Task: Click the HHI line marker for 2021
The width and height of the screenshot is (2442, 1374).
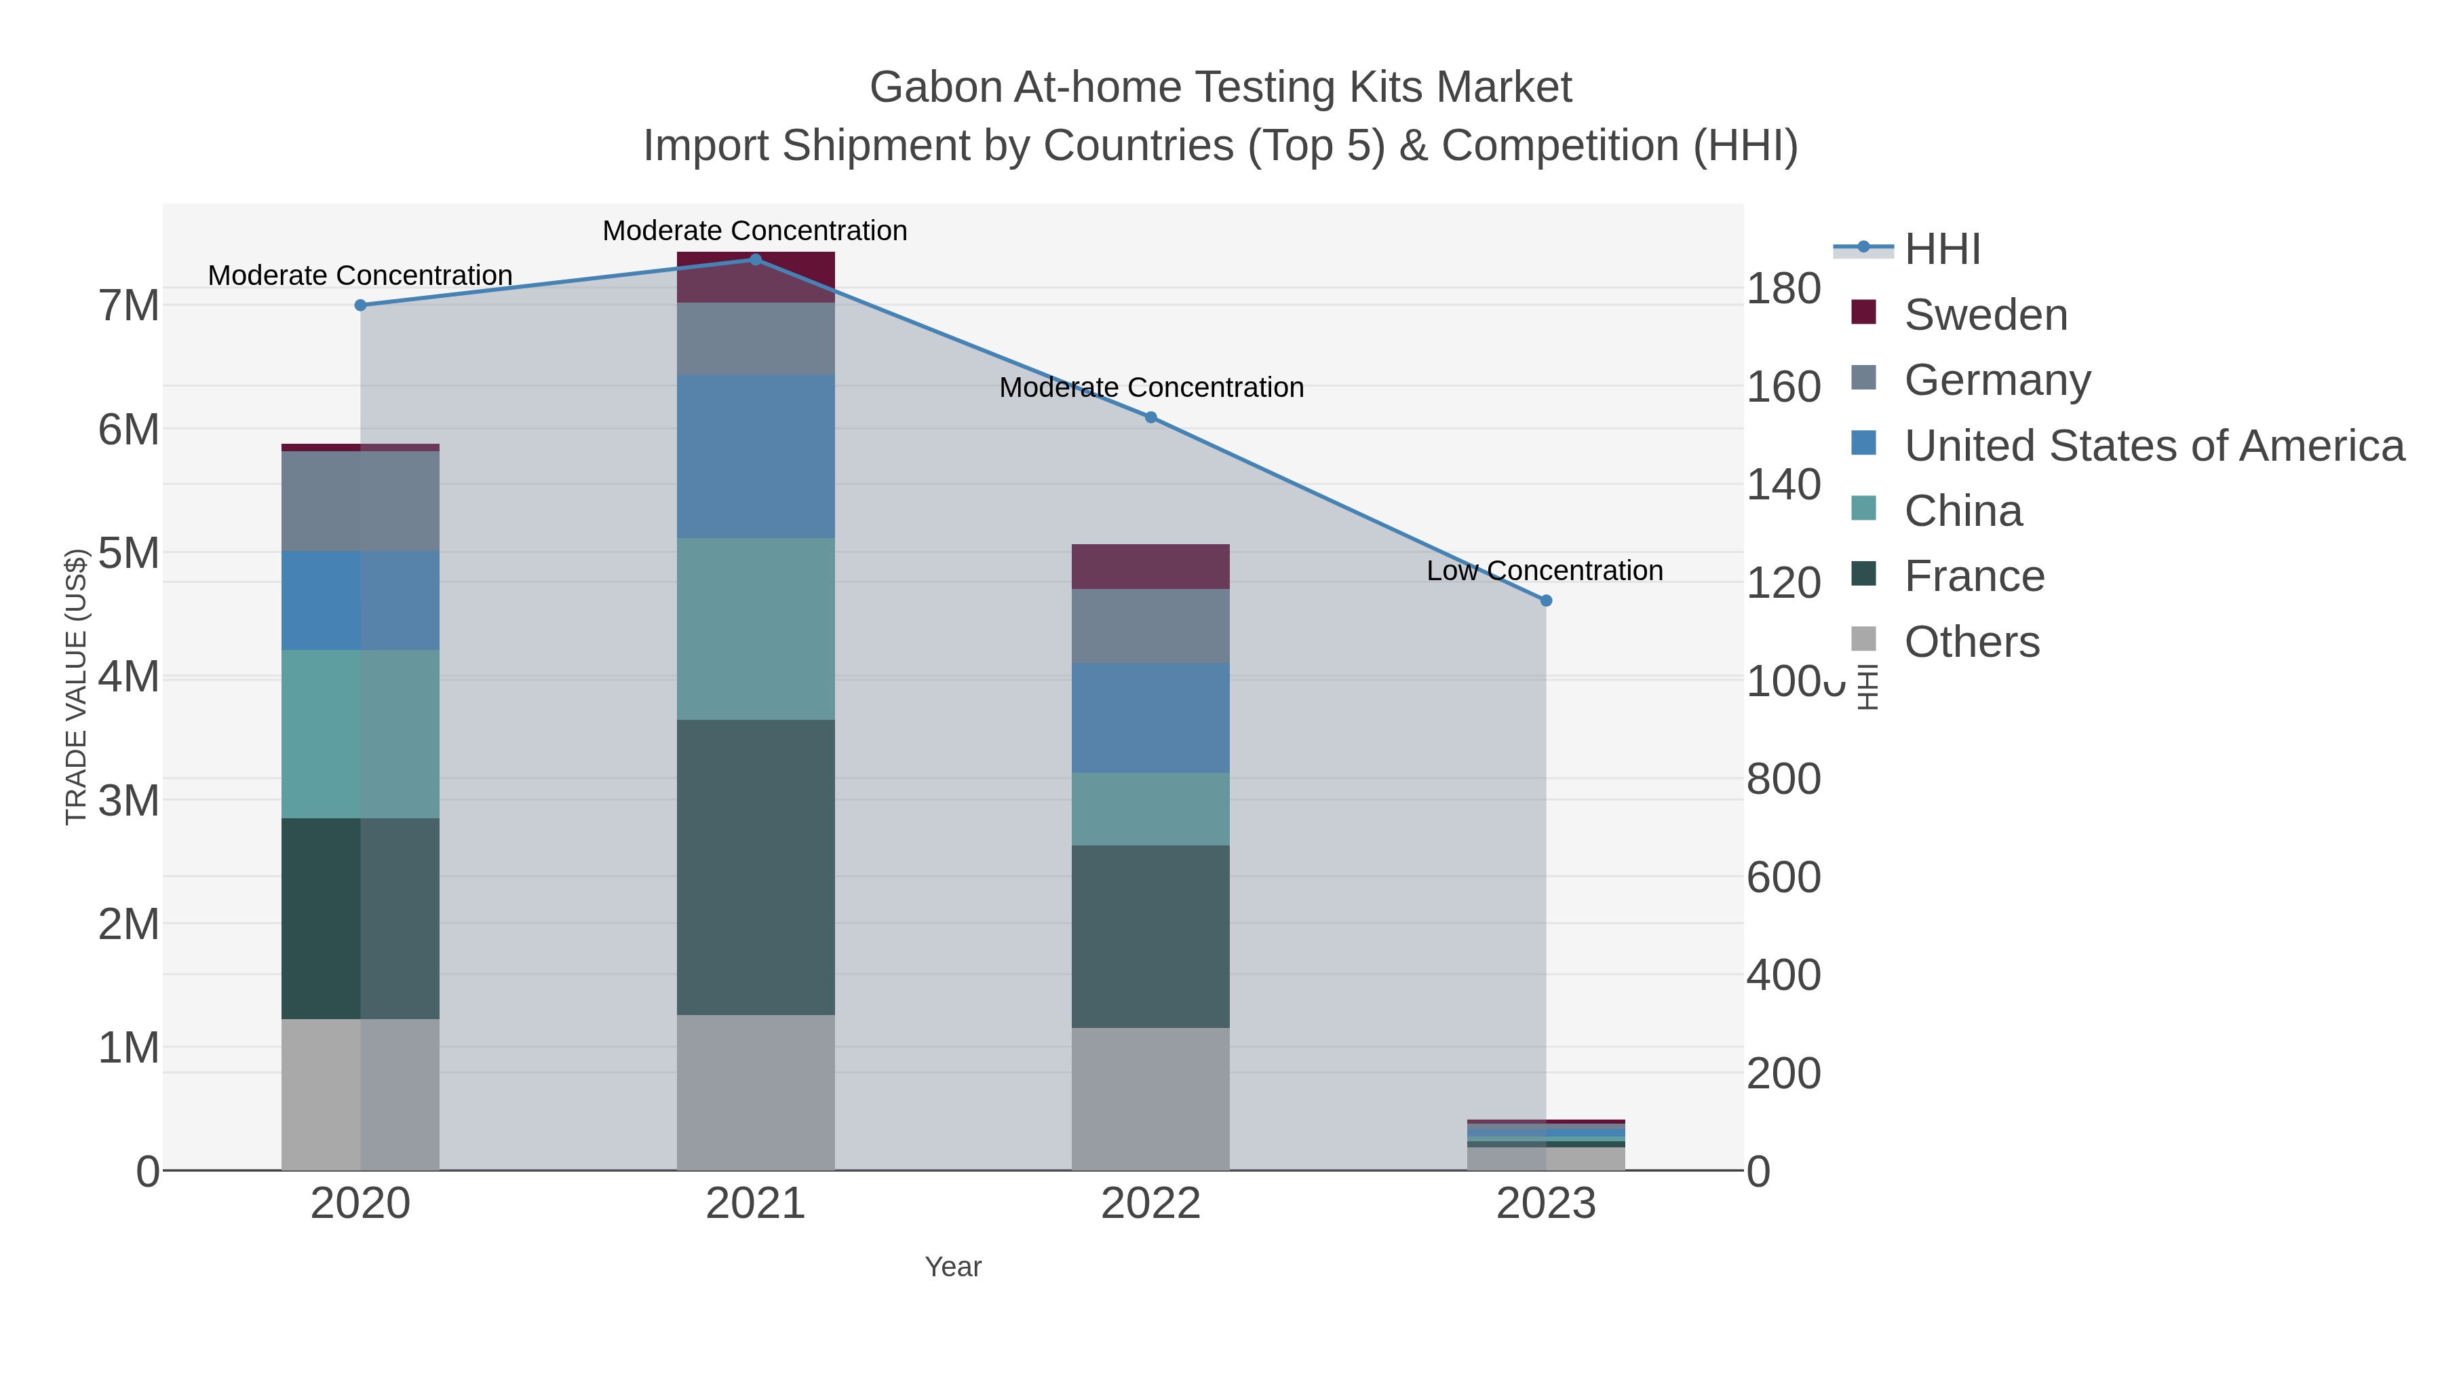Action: pos(756,260)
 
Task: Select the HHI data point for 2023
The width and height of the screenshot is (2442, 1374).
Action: pos(1546,600)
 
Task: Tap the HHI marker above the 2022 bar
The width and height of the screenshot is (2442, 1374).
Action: pos(1151,417)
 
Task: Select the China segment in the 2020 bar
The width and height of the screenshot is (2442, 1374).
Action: pos(360,734)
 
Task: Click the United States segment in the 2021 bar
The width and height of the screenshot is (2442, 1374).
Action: pos(756,456)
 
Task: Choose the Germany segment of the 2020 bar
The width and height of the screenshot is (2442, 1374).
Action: pos(360,501)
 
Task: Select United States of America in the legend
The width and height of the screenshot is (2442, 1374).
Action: pos(2153,446)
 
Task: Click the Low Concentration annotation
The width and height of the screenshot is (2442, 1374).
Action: pos(1545,571)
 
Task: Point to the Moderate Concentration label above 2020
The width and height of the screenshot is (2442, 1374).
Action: pos(360,275)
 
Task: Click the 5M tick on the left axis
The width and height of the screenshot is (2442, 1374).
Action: pos(129,553)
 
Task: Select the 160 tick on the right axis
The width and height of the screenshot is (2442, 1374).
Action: pos(1783,387)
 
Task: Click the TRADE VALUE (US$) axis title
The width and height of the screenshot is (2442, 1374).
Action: pos(76,687)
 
